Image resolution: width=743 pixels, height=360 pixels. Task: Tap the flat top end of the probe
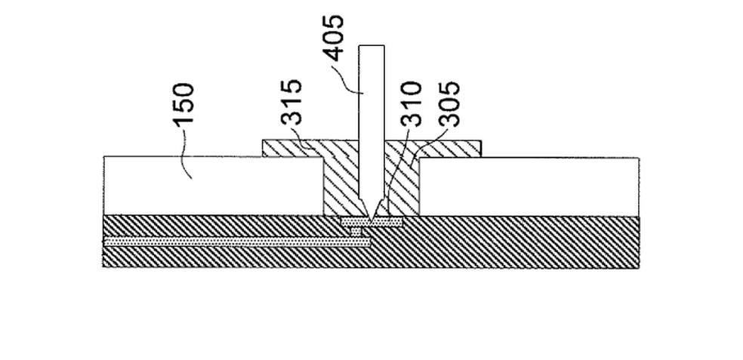click(x=371, y=48)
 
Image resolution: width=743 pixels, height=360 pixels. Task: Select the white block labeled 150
click(x=211, y=185)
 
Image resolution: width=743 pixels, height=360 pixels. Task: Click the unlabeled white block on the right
click(x=529, y=185)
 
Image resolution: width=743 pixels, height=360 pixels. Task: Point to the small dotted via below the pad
click(x=361, y=232)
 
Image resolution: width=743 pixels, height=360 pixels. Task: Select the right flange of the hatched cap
click(x=453, y=148)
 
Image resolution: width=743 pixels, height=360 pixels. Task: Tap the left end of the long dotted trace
click(x=107, y=242)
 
